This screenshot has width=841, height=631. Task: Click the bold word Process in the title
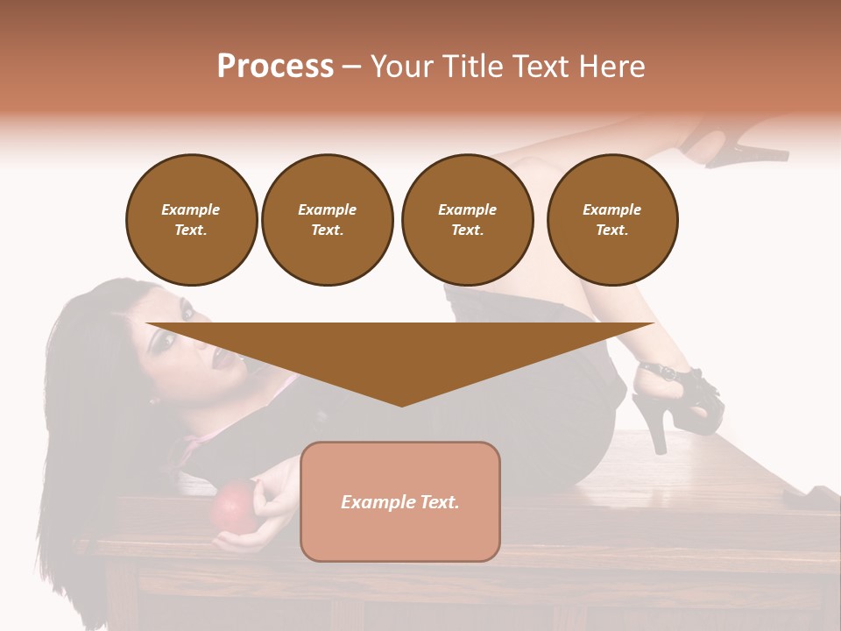tap(275, 67)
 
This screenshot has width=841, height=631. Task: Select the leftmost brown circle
tap(192, 220)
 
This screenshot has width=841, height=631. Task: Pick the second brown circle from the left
tap(328, 220)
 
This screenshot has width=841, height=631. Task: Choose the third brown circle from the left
tap(467, 220)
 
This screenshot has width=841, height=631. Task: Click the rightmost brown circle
tap(612, 220)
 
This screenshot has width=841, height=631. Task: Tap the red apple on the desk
tap(232, 507)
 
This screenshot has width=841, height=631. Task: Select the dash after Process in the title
tap(351, 67)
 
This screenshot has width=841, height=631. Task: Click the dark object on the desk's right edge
tap(811, 499)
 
